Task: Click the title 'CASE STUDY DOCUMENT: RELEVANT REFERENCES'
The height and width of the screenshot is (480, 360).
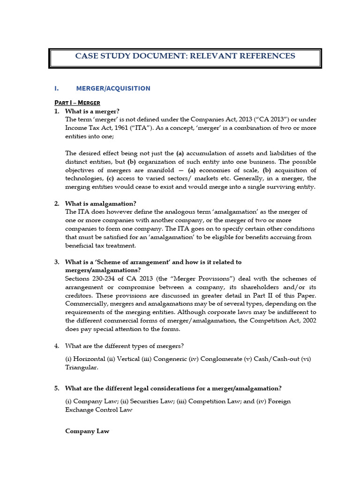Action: [185, 56]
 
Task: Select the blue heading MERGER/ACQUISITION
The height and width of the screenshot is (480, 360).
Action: [113, 88]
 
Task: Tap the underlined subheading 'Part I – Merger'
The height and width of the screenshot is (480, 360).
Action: [77, 103]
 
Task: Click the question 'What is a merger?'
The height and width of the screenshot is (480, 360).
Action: [92, 111]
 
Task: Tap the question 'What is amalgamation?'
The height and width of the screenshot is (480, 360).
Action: [101, 203]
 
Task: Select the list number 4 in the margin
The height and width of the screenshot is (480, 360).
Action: [56, 346]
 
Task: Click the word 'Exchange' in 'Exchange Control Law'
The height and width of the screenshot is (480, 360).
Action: [80, 410]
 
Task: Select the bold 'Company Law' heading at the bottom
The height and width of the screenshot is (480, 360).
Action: [87, 431]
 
